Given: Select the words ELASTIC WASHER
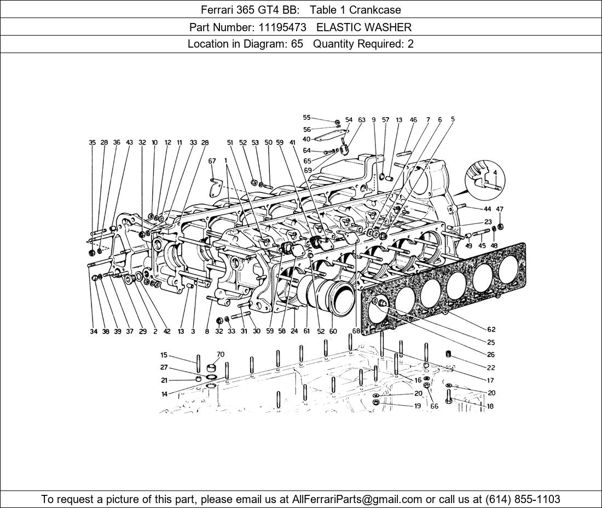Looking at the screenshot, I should [364, 27].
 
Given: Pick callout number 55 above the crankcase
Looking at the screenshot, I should [306, 118].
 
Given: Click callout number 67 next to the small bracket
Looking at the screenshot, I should [212, 161].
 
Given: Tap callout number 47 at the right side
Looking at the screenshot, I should [500, 209].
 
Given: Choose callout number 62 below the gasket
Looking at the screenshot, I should [491, 329].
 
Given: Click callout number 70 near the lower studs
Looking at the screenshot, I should [221, 354].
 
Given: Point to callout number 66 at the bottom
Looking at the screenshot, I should [434, 406].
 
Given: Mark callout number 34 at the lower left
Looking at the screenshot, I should [94, 331].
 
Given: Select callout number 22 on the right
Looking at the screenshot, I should [490, 367].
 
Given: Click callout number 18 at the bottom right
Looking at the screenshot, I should [490, 406].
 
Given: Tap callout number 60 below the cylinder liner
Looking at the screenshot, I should [333, 331].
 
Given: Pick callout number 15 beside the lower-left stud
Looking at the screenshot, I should [164, 355].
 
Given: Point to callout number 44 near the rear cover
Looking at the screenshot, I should [487, 209].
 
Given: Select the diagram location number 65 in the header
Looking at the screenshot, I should [297, 44].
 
